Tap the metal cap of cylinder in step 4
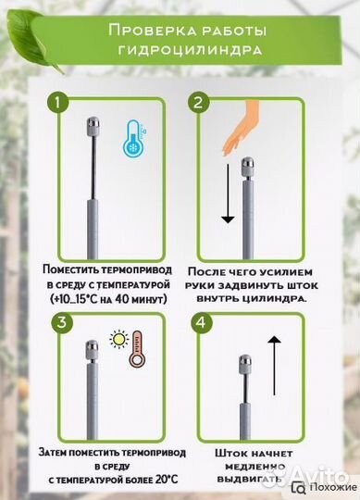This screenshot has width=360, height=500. click(x=244, y=361)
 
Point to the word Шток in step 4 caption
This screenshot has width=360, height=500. click(x=231, y=454)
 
